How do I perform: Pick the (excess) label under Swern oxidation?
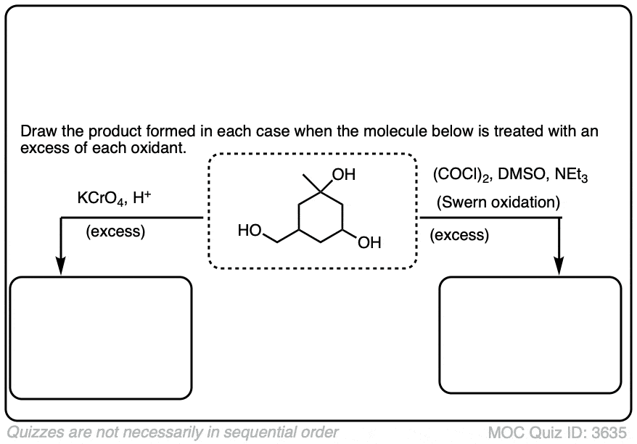(459, 235)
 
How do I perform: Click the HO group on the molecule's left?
(249, 231)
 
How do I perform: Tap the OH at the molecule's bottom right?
(369, 242)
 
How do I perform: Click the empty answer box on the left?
(102, 338)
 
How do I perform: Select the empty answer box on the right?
(530, 338)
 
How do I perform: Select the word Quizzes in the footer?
(33, 433)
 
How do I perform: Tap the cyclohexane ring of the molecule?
(321, 217)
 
